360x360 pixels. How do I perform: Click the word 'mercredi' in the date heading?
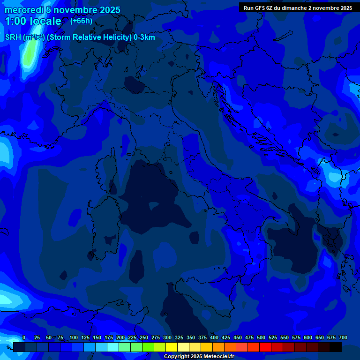point(24,10)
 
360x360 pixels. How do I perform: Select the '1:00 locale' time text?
point(33,21)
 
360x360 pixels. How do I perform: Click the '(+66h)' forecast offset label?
point(81,21)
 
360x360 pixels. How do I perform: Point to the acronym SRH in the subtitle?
point(13,37)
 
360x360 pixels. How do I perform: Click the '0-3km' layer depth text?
point(144,37)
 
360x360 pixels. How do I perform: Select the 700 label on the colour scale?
point(343,337)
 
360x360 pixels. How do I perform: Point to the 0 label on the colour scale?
point(24,337)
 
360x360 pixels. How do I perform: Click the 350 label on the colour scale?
point(191,337)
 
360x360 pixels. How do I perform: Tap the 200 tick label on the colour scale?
point(120,337)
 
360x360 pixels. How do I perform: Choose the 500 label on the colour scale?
point(261,337)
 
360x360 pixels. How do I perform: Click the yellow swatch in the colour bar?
point(172,347)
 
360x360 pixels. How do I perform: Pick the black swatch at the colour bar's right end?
point(336,347)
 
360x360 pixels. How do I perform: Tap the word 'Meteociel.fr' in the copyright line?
point(218,357)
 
